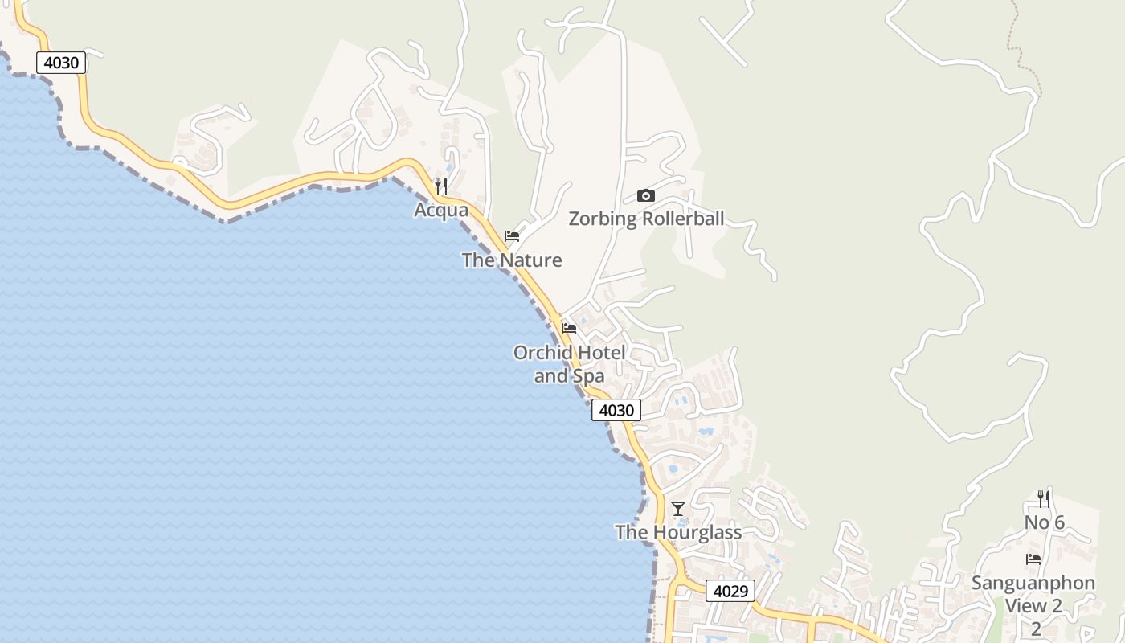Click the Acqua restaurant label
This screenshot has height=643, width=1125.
[x=441, y=210]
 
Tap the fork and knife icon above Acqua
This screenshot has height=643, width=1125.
[x=441, y=186]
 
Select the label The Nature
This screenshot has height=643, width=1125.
[x=511, y=260]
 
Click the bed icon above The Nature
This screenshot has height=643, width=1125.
[x=512, y=236]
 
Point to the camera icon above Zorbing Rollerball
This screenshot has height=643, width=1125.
[x=645, y=195]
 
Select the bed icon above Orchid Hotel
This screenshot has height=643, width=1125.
[x=569, y=328]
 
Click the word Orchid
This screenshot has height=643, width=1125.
[x=542, y=353]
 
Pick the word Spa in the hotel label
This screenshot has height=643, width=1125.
[x=587, y=375]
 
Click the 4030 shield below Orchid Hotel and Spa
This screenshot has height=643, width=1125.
[x=616, y=410]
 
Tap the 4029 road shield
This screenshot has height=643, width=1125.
[x=730, y=591]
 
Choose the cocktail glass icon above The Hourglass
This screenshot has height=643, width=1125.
[x=678, y=508]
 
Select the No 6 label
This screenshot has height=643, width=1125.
[x=1044, y=523]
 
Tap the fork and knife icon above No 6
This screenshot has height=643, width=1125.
[x=1044, y=499]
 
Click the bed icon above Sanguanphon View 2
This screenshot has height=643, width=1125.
[x=1033, y=559]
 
